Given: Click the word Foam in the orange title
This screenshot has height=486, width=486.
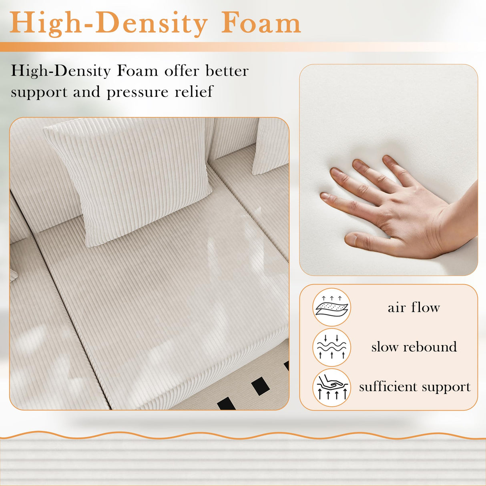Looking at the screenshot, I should [261, 23].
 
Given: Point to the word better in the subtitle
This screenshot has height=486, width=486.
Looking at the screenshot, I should [227, 71].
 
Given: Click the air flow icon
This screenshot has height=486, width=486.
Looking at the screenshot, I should [331, 307].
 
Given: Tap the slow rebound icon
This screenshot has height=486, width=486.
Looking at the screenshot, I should [331, 347].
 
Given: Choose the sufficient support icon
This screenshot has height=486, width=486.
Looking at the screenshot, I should [331, 387].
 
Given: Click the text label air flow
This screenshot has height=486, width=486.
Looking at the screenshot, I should [414, 307].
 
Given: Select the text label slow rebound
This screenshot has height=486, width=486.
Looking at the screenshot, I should [414, 347].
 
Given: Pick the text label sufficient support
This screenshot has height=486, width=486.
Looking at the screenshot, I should [414, 387].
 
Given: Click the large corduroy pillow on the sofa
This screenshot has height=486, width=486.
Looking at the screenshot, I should [132, 172].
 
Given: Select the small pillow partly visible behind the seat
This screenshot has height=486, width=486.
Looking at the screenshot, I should [271, 146].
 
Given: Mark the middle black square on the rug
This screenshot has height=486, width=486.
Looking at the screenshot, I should [259, 386].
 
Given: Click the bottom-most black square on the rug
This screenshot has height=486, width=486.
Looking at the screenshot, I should [227, 404].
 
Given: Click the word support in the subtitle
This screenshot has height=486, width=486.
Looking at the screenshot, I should [38, 92].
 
